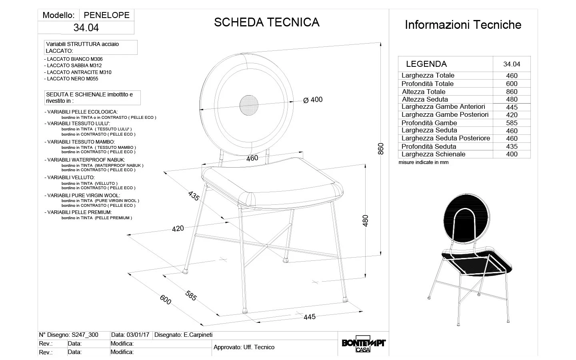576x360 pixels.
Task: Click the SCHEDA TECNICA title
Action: pos(266,22)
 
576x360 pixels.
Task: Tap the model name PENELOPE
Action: pos(107,15)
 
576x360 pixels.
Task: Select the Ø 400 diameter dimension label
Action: pos(313,100)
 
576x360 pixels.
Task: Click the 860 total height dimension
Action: pos(381,148)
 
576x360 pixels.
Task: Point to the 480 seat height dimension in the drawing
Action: pos(365,221)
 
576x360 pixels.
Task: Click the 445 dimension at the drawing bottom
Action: pos(310,317)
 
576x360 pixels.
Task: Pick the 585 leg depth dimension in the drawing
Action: pos(191,295)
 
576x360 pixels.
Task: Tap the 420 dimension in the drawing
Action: pos(178,228)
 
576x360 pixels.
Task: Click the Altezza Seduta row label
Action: pos(425,99)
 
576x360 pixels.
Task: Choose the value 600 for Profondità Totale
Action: pos(512,84)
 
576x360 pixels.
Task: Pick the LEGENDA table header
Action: pos(426,64)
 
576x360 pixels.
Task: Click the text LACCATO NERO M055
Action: pos(72,79)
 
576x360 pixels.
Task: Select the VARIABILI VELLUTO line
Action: pos(71,177)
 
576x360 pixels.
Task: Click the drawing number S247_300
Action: pos(84,335)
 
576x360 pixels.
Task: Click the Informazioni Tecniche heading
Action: pos(463,25)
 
